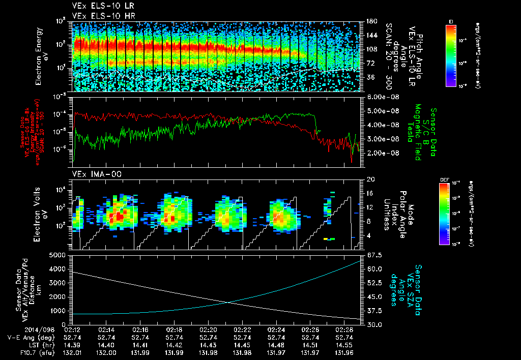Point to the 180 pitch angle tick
[x=370, y=21]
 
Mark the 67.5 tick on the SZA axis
[x=373, y=255]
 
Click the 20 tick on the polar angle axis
[x=370, y=179]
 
